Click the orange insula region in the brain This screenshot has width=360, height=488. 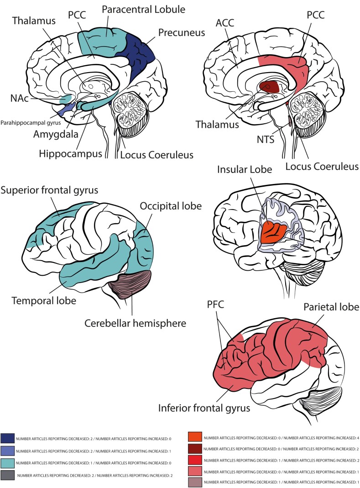tap(274, 233)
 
